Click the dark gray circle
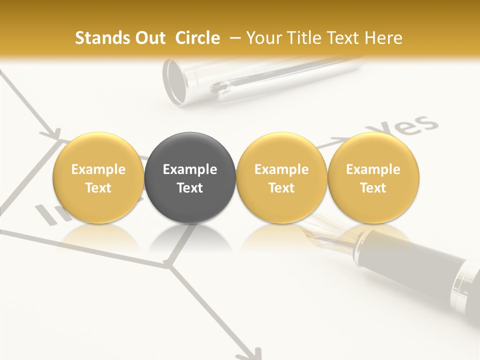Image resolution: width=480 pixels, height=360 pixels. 190,178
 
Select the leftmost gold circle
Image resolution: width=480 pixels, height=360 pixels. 98,178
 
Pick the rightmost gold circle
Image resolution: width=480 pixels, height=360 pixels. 373,178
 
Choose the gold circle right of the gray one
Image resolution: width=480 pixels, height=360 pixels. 281,178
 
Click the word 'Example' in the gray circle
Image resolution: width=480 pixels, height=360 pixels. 190,169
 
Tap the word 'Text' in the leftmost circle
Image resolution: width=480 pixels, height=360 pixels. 98,188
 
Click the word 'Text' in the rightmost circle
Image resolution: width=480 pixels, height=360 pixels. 373,188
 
